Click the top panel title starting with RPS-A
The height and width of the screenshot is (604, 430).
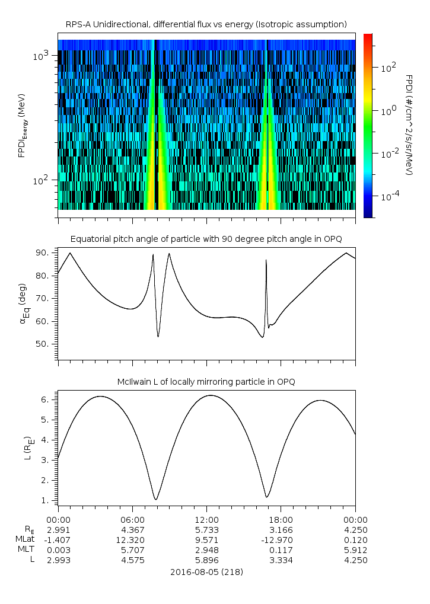point(206,24)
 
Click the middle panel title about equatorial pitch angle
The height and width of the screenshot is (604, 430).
point(206,239)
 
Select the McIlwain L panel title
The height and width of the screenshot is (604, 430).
point(206,382)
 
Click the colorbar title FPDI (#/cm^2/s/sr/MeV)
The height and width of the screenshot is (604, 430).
point(409,125)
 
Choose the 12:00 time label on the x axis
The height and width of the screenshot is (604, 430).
point(206,519)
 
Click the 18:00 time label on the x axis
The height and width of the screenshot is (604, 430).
point(280,519)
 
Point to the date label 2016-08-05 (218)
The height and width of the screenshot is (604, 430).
point(206,572)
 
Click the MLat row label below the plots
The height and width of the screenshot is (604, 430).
point(26,539)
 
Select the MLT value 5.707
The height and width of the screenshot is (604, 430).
point(132,549)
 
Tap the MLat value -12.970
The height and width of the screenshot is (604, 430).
point(280,539)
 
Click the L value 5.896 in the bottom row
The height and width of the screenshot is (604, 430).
point(206,560)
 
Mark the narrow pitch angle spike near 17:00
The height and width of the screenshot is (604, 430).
point(266,261)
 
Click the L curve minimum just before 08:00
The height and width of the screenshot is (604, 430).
point(155,499)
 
